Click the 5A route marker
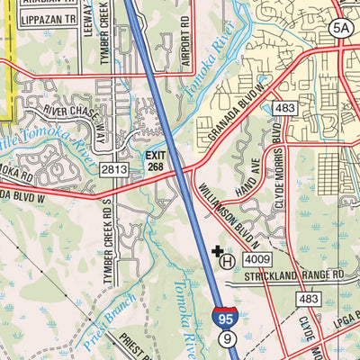coord(339,28)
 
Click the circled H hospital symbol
coord(229,261)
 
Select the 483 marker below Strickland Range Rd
coord(310,298)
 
